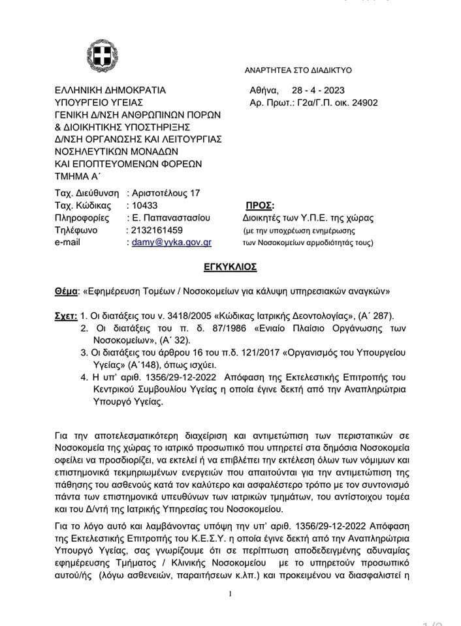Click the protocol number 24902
364,102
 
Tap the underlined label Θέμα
65,291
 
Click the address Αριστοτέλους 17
166,193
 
